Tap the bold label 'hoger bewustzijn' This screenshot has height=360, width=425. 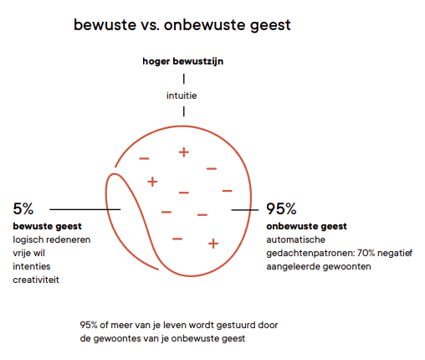[x=183, y=61]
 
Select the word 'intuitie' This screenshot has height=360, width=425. [x=182, y=95]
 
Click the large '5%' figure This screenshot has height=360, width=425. [x=23, y=208]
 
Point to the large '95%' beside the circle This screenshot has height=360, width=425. [x=281, y=208]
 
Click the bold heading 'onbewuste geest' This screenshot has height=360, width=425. [x=306, y=226]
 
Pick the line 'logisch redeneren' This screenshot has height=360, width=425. [x=52, y=239]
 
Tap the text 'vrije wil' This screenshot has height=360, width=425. [x=28, y=253]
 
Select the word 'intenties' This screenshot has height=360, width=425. [x=32, y=266]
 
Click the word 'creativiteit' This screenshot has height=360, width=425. [x=36, y=280]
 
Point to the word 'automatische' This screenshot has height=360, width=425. [x=295, y=239]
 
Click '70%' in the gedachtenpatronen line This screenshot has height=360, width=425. [x=366, y=253]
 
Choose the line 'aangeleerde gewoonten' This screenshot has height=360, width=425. [x=319, y=266]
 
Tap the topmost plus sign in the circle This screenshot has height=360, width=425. [x=184, y=152]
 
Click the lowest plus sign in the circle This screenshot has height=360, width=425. [x=213, y=244]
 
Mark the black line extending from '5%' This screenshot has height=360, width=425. [x=85, y=209]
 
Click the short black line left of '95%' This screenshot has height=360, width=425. [x=245, y=210]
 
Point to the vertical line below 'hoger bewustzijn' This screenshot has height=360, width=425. [x=184, y=79]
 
